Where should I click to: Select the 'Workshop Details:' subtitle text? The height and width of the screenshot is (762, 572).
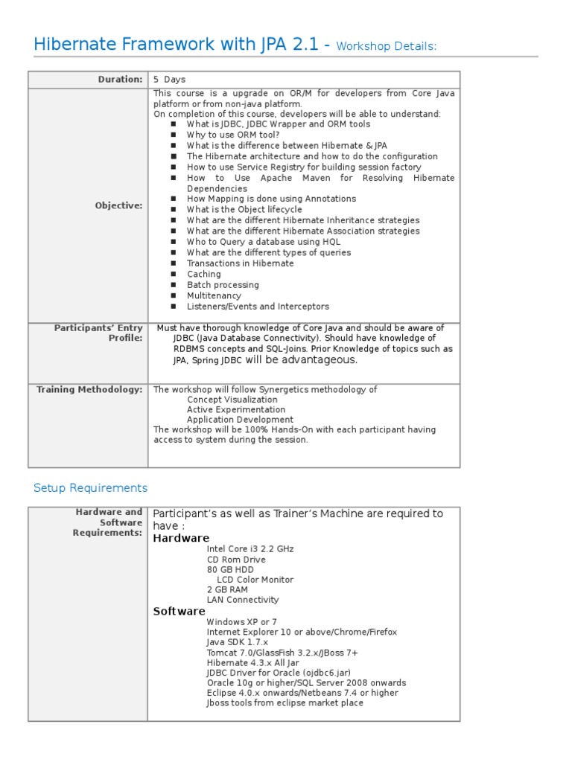click(386, 47)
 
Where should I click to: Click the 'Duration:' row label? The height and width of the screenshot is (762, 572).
click(120, 80)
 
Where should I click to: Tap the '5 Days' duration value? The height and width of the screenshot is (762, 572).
click(170, 80)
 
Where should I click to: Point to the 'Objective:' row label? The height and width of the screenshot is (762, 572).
click(118, 205)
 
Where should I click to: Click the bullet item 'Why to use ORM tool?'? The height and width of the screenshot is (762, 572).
click(233, 135)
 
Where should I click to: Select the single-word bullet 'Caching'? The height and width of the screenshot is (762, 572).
click(204, 274)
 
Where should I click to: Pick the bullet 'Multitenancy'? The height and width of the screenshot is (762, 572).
click(214, 295)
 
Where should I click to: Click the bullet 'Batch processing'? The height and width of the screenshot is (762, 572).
click(223, 285)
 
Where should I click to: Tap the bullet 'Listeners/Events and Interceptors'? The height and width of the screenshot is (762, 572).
click(258, 307)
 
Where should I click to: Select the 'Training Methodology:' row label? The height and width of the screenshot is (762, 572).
click(89, 389)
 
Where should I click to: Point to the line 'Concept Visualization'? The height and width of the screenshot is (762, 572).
click(232, 400)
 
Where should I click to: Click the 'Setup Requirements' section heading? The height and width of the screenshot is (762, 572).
click(91, 488)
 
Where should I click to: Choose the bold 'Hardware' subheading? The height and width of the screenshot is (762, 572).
click(181, 538)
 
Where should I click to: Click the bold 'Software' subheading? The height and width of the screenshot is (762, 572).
click(179, 611)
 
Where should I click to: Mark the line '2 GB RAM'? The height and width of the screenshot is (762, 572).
click(227, 589)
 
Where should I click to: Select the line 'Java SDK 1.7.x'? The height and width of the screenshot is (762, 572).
click(237, 641)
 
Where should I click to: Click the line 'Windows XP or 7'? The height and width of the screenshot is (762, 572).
click(241, 621)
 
